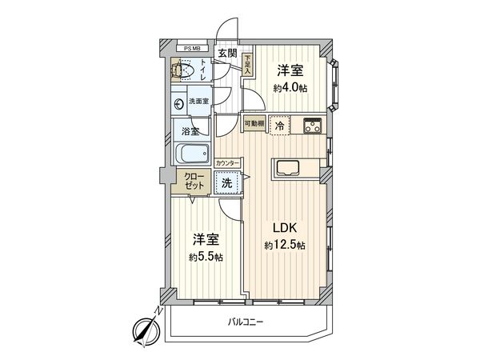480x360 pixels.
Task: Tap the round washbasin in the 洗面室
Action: coord(178,102)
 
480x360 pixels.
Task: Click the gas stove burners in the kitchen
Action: coord(310,125)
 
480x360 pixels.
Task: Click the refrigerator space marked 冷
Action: coord(278,126)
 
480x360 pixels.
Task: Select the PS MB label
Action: coord(193,48)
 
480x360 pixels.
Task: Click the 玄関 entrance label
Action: coord(227,54)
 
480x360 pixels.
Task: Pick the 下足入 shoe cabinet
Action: coord(248,64)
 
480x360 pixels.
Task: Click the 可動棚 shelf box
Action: coord(254,124)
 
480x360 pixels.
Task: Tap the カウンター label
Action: coord(228,163)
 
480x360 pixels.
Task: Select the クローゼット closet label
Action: coord(194,182)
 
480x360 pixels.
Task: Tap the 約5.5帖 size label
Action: coord(206,257)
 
